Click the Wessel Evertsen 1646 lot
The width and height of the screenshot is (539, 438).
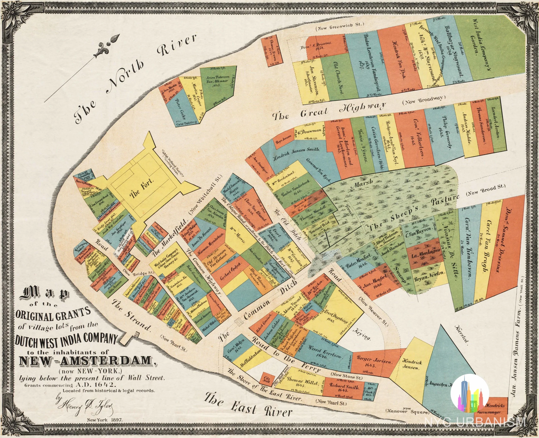click(325, 353)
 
